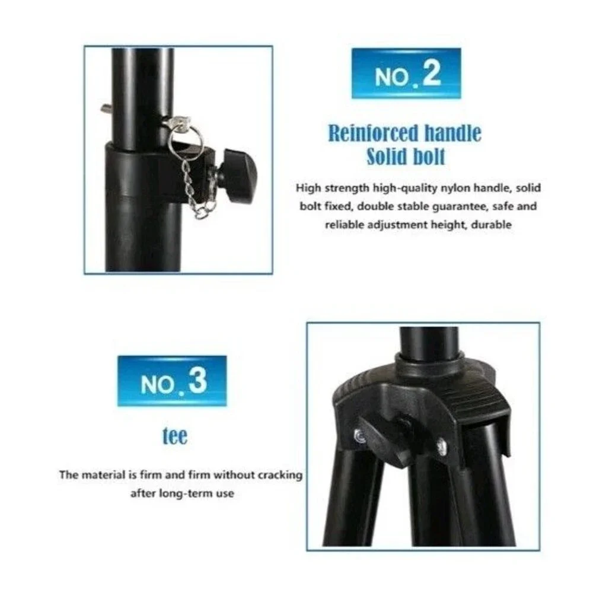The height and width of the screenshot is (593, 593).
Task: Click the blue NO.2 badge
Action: coord(406,74)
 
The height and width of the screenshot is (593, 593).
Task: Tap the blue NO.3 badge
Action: coord(172,381)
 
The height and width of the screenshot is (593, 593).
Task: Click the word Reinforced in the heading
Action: coord(372,133)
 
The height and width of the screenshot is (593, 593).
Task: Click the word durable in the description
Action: coord(491,225)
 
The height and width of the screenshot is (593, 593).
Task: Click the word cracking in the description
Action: coord(280,475)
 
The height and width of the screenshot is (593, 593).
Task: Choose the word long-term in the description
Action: coord(182,493)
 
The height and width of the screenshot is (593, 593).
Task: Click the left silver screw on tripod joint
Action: coord(360,436)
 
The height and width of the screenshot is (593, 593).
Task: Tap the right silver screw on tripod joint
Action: coord(441,447)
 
